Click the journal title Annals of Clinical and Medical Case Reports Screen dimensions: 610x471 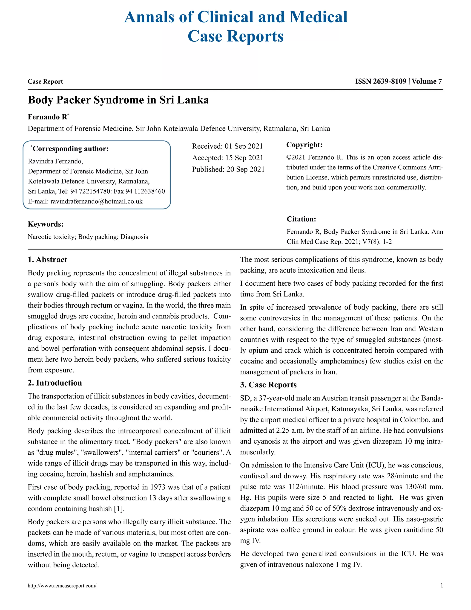(x=235, y=26)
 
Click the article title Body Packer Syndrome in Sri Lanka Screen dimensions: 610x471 (x=118, y=100)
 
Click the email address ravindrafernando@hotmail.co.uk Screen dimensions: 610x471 (x=96, y=201)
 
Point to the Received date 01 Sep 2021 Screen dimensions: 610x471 (x=244, y=146)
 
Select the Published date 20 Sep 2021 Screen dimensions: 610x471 (x=245, y=169)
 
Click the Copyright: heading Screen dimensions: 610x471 (x=304, y=145)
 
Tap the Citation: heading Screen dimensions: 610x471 (x=301, y=219)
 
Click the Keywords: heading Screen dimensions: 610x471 (x=46, y=224)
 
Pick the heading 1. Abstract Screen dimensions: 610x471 (x=47, y=260)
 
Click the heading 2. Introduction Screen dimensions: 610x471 (x=55, y=383)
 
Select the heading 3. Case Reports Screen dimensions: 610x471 (x=268, y=385)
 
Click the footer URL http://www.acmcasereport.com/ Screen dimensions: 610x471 (x=62, y=586)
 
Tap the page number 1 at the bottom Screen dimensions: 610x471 (x=441, y=585)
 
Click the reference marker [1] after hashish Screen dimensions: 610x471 (x=119, y=509)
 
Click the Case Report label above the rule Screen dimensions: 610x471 (x=45, y=81)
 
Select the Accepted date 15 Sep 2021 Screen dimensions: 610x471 (x=244, y=158)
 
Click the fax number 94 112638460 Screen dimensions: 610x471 (x=145, y=191)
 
